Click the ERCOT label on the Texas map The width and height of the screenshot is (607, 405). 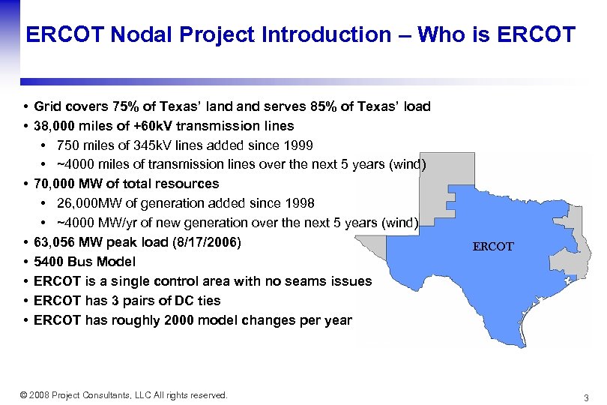coord(493,246)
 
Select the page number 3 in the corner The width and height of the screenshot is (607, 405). coord(586,397)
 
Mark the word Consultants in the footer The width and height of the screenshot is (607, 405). coord(102,395)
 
